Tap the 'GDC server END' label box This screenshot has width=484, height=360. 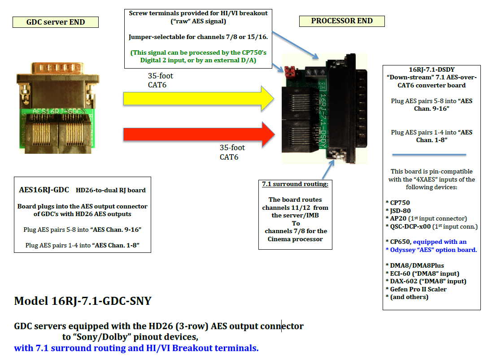pyautogui.click(x=56, y=22)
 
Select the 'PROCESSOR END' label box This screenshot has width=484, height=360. pyautogui.click(x=342, y=21)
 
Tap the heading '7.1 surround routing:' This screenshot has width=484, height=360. pyautogui.click(x=296, y=184)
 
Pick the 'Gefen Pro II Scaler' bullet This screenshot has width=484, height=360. pyautogui.click(x=416, y=289)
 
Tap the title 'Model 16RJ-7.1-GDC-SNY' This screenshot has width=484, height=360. pyautogui.click(x=83, y=301)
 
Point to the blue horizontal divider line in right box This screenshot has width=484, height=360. pyautogui.click(x=429, y=155)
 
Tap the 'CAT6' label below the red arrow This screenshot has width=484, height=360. pyautogui.click(x=229, y=157)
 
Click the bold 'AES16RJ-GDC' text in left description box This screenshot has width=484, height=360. pyautogui.click(x=44, y=190)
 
